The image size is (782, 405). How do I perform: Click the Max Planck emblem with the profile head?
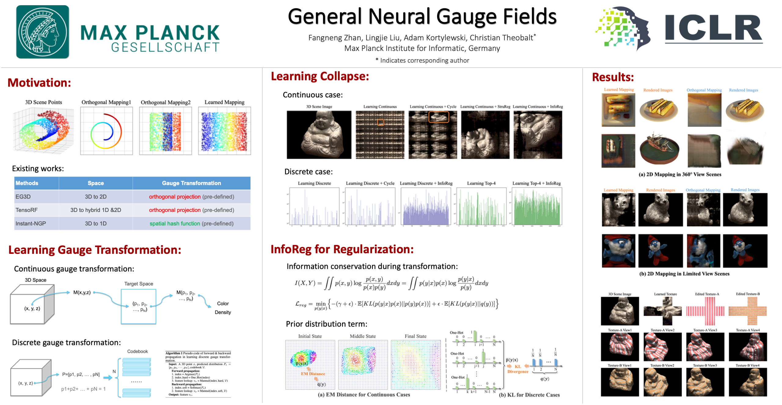pos(42,32)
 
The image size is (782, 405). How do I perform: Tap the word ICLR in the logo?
pos(713,28)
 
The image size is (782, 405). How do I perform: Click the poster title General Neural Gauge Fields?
pos(422,16)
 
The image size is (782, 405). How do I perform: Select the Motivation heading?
pos(39,83)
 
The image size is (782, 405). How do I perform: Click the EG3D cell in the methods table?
pos(23,197)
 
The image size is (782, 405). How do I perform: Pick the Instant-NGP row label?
pos(31,224)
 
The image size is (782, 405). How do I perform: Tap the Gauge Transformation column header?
pos(191,183)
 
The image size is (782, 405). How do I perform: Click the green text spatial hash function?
pos(174,224)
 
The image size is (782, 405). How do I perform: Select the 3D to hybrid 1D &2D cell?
pos(96,210)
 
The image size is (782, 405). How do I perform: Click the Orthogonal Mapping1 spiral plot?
pos(106,131)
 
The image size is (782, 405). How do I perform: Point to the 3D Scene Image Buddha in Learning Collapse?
pos(319,135)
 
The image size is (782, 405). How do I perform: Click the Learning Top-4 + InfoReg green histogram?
pos(537,207)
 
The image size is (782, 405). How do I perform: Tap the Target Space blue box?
pos(138,306)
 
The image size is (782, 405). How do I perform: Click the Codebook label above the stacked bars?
pos(137,352)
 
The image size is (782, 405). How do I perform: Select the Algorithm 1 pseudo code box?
pos(198,374)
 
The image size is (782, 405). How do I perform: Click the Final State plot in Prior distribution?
pos(415,365)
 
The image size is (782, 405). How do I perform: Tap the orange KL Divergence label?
pos(518,369)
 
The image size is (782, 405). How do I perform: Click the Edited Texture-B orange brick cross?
pos(747,311)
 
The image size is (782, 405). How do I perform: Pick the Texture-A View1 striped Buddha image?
pos(619,347)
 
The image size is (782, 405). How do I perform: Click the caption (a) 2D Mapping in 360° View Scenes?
pos(680,174)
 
